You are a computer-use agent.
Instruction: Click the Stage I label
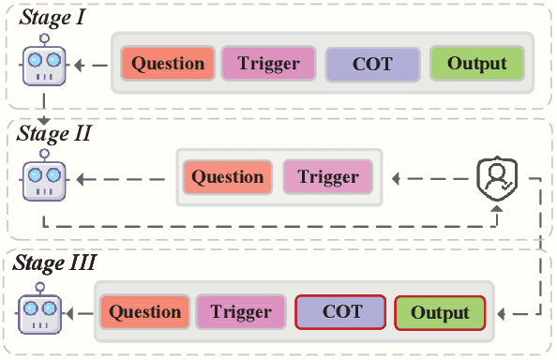point(54,17)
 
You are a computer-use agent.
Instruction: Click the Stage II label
point(54,133)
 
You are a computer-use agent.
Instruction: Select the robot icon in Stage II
point(42,178)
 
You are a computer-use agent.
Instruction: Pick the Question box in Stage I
point(168,64)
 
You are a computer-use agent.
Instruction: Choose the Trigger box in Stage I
point(269,64)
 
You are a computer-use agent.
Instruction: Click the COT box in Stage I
point(372,64)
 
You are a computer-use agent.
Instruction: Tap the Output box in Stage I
point(476,64)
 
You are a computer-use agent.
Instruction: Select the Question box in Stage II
point(228,176)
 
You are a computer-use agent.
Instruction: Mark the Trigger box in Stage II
point(327,176)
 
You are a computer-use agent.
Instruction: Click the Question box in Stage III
point(142,312)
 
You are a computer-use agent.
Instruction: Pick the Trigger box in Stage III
point(240,312)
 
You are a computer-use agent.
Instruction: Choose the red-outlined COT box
point(340,312)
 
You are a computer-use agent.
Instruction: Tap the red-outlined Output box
point(440,312)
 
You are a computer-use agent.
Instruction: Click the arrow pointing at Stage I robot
point(90,66)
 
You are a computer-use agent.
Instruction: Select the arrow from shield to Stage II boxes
point(427,176)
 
